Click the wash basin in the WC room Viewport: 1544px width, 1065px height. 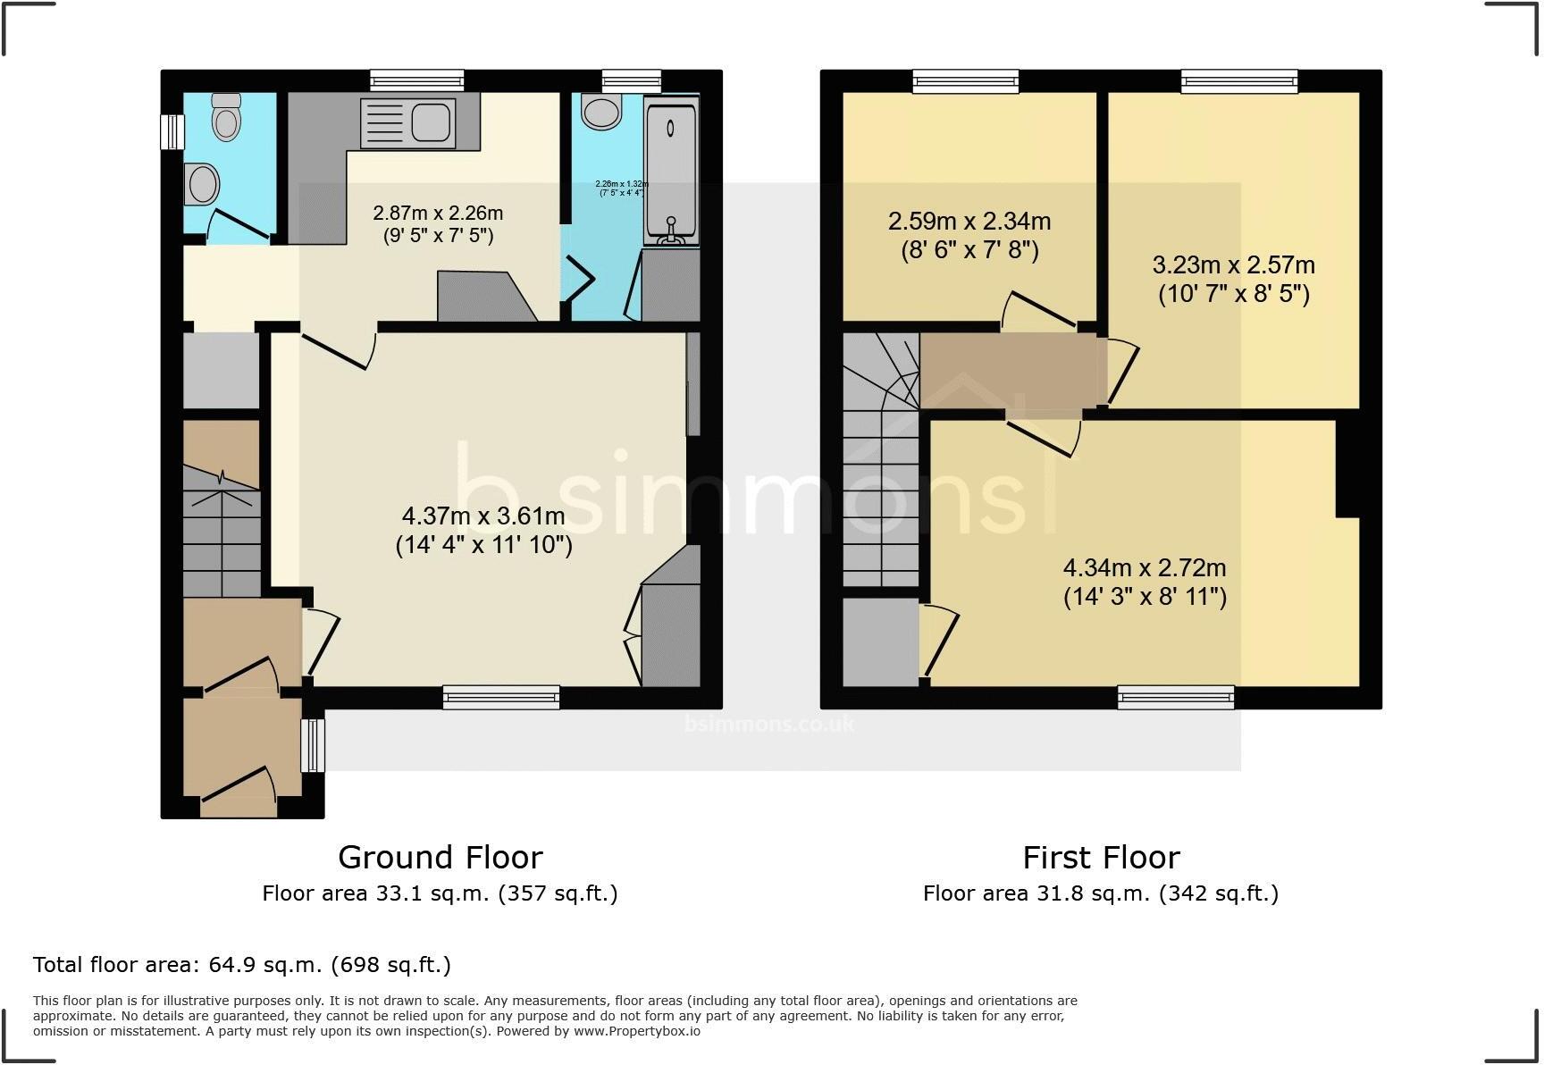pyautogui.click(x=203, y=185)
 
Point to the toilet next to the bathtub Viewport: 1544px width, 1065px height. pyautogui.click(x=600, y=112)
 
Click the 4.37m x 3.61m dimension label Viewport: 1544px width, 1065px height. pyautogui.click(x=483, y=530)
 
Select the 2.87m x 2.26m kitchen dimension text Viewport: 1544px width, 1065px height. pyautogui.click(x=437, y=224)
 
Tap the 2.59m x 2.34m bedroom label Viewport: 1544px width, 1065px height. pyautogui.click(x=969, y=235)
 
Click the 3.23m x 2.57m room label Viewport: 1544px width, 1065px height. pyautogui.click(x=1233, y=279)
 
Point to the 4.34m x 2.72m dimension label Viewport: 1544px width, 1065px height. pyautogui.click(x=1144, y=582)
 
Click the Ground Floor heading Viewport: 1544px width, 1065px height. pyautogui.click(x=440, y=858)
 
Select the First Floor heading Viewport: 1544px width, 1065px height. pyautogui.click(x=1100, y=858)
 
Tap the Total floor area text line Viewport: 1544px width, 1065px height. pyautogui.click(x=241, y=965)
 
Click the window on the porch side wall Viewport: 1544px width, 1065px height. pyautogui.click(x=313, y=745)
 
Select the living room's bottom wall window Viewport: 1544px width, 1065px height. pyautogui.click(x=501, y=697)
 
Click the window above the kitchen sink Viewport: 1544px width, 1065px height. pyautogui.click(x=417, y=80)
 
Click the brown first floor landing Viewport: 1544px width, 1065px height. pyautogui.click(x=1010, y=371)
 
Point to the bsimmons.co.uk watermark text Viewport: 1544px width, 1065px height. pyautogui.click(x=768, y=724)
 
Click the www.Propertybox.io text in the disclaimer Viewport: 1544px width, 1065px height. pyautogui.click(x=636, y=1031)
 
